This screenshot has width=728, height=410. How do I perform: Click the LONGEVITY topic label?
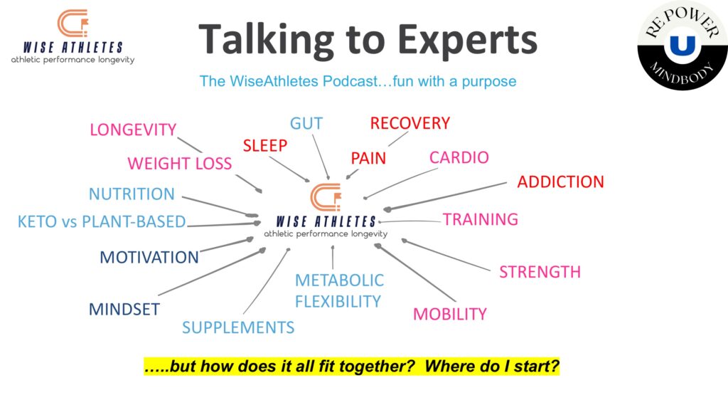(133, 130)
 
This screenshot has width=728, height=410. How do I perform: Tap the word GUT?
(306, 124)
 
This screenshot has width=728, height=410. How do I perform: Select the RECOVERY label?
(410, 123)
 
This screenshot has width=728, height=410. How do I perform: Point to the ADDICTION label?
(560, 182)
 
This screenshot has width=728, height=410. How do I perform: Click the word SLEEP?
(265, 146)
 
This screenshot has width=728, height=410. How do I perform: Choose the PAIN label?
(368, 159)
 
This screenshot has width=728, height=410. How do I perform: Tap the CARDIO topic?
(459, 157)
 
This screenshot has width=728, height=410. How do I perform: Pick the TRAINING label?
(480, 219)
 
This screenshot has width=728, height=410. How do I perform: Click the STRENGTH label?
(540, 272)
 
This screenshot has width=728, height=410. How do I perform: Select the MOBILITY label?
(450, 314)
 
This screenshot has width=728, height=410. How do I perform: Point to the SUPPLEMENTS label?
(238, 327)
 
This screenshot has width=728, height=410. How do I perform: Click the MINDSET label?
(124, 310)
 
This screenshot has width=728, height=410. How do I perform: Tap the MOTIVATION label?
(149, 258)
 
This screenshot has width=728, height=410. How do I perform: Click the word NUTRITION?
(132, 194)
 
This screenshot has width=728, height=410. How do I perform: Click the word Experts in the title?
(467, 41)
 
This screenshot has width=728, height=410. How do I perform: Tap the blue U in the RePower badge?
(682, 46)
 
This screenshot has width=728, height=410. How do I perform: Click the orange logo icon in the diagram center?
(326, 197)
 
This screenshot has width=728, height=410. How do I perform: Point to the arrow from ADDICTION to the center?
(445, 196)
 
